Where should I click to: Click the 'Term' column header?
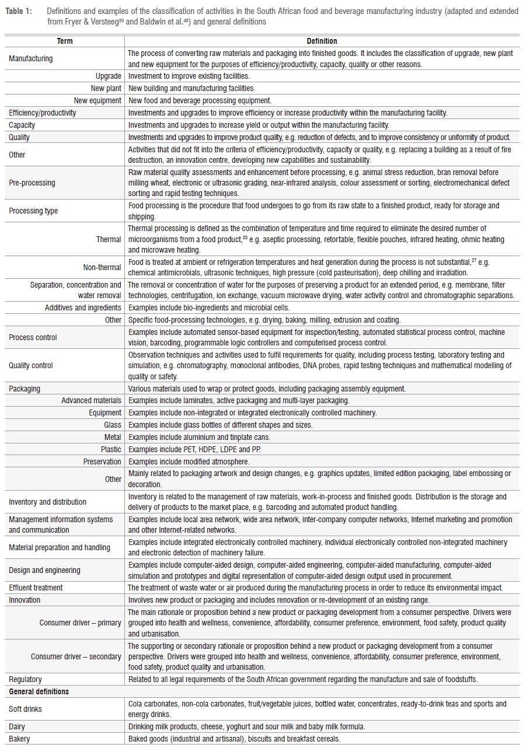pos(65,41)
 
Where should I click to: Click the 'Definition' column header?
pos(322,41)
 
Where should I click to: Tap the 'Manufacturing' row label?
pos(30,59)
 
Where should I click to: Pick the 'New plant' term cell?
pos(106,88)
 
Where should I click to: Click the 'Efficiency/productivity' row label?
pos(42,113)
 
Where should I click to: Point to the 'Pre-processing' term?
pos(32,183)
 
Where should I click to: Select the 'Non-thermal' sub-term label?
pos(103,267)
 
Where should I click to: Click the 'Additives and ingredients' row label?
pos(83,307)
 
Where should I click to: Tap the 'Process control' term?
pos(33,337)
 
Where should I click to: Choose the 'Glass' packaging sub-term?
pos(113,425)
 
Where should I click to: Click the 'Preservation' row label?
pos(102,462)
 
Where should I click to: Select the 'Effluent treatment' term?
pos(36,588)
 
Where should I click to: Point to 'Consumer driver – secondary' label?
pos(76,656)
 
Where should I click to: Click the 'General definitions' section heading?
pos(39,691)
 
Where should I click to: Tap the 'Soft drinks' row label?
pos(25,709)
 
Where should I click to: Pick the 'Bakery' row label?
pos(19,739)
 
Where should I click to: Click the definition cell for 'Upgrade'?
pos(189,76)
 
